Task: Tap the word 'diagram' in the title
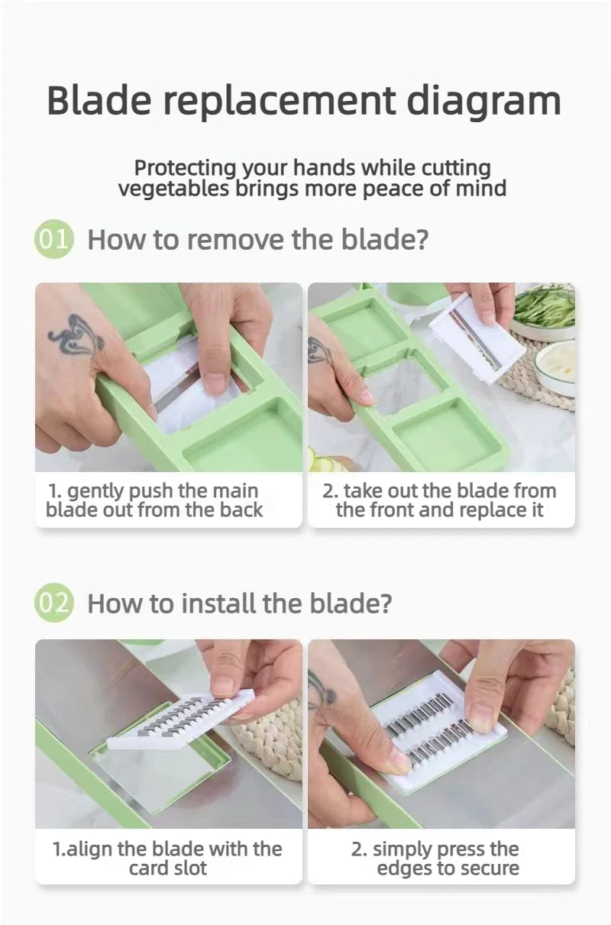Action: (483, 103)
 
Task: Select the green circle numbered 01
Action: (53, 240)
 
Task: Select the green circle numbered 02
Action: (53, 603)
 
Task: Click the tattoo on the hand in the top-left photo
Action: (76, 337)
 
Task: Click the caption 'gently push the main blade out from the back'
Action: (154, 500)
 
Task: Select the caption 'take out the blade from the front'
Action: (440, 500)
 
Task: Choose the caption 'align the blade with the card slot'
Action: (167, 859)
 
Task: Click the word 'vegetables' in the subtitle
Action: (173, 189)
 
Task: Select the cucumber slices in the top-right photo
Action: (330, 461)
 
